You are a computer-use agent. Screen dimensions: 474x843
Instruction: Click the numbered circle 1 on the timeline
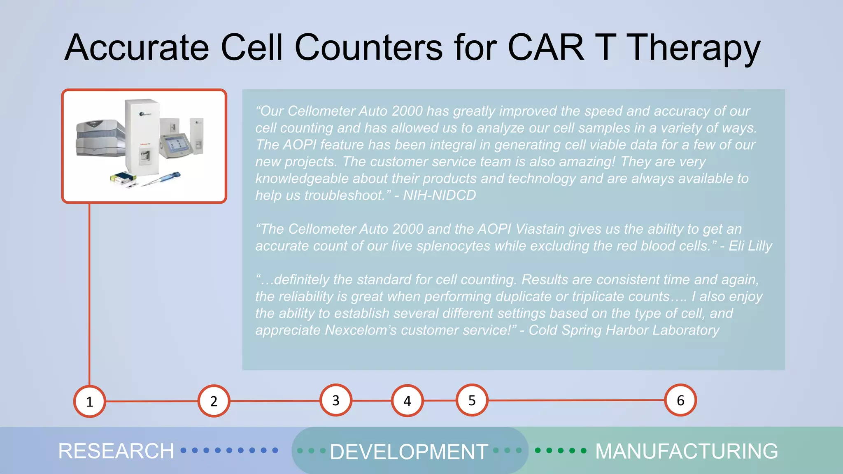(x=89, y=402)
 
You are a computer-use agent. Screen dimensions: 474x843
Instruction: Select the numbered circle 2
(x=214, y=401)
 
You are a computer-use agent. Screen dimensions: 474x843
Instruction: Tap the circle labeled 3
(x=336, y=400)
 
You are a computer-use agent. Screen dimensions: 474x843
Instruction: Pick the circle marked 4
(x=407, y=401)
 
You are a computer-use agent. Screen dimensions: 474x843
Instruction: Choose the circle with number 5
(x=472, y=400)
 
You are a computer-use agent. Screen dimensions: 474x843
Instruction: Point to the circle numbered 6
(x=680, y=400)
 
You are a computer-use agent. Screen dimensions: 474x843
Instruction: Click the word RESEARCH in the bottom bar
(x=116, y=451)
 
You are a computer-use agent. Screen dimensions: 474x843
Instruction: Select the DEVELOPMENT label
(x=409, y=452)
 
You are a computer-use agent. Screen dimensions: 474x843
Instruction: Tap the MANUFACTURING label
(x=686, y=451)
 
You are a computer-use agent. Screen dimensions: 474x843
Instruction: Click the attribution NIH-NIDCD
(x=439, y=195)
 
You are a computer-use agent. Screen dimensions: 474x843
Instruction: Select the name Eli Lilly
(x=750, y=246)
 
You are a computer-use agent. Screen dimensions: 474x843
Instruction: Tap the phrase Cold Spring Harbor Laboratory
(x=624, y=330)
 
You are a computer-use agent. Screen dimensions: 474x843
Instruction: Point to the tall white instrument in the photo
(x=142, y=136)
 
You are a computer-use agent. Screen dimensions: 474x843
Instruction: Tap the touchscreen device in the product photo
(x=176, y=146)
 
